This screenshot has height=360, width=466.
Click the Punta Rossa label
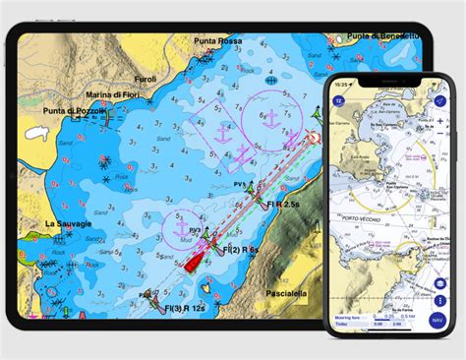(x=218, y=41)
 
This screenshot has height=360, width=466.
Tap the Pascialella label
(x=289, y=293)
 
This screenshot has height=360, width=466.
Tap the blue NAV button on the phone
(x=437, y=320)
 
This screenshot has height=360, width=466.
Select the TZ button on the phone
(x=339, y=100)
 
